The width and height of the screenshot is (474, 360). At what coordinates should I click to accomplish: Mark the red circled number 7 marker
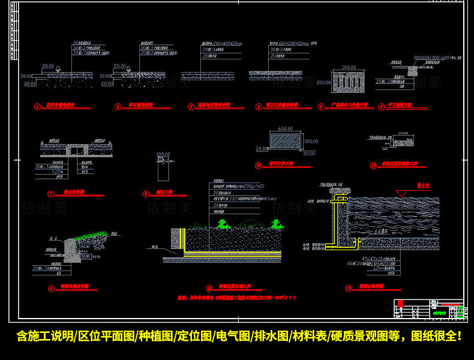[51, 194]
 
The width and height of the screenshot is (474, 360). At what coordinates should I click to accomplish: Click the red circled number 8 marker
[145, 194]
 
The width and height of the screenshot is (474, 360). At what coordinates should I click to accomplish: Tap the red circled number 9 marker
[51, 288]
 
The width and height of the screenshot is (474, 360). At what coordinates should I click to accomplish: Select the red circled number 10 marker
[258, 164]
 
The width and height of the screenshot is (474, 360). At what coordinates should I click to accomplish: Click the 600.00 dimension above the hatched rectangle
[285, 128]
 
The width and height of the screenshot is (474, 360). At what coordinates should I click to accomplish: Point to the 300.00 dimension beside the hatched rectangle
[311, 142]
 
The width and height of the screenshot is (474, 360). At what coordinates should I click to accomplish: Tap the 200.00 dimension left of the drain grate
[324, 82]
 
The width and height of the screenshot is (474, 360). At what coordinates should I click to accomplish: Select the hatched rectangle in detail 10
[285, 141]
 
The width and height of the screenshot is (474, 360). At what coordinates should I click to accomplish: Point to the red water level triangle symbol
[400, 193]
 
